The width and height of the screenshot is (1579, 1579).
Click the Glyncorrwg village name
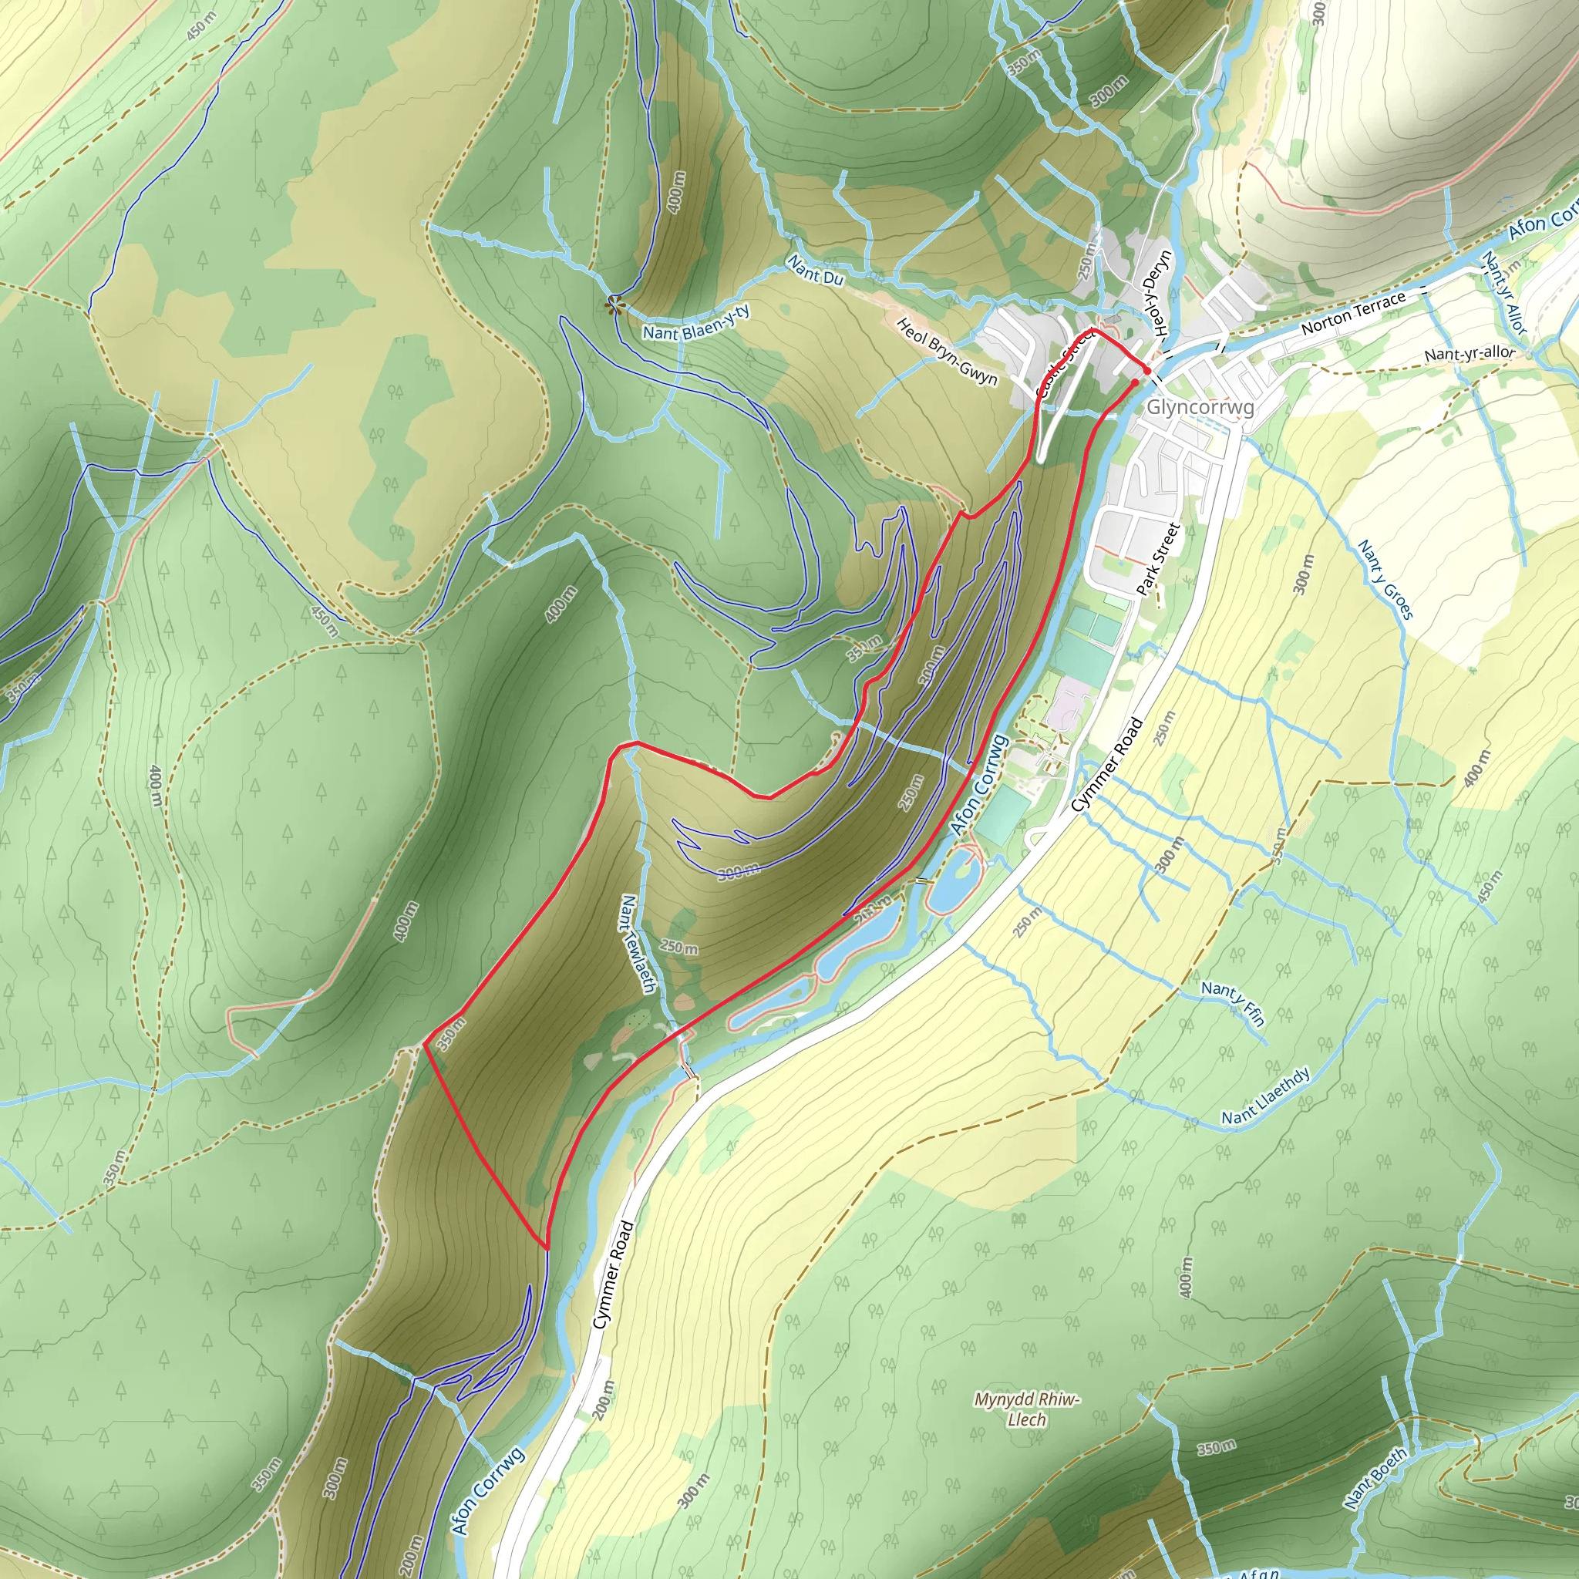pyautogui.click(x=1200, y=407)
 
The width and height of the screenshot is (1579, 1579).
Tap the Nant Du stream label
pyautogui.click(x=815, y=270)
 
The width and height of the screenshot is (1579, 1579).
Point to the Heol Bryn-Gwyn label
pyautogui.click(x=948, y=352)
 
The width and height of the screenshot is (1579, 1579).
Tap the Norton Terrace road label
pyautogui.click(x=1353, y=312)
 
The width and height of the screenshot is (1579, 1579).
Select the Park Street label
pyautogui.click(x=1159, y=559)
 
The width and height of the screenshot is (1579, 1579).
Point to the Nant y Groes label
pyautogui.click(x=1385, y=580)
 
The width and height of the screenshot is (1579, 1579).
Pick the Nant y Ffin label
pyautogui.click(x=1234, y=1002)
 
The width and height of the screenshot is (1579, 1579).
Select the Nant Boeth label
pyautogui.click(x=1376, y=1478)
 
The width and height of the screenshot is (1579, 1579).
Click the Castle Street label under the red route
pyautogui.click(x=1064, y=362)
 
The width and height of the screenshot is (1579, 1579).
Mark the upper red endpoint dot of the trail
pyautogui.click(x=1147, y=371)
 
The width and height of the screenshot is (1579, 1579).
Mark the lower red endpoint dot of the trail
pyautogui.click(x=1135, y=382)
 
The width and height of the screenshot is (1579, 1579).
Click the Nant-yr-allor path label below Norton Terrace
pyautogui.click(x=1470, y=353)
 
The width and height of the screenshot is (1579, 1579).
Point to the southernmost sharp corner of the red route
pyautogui.click(x=545, y=1248)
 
